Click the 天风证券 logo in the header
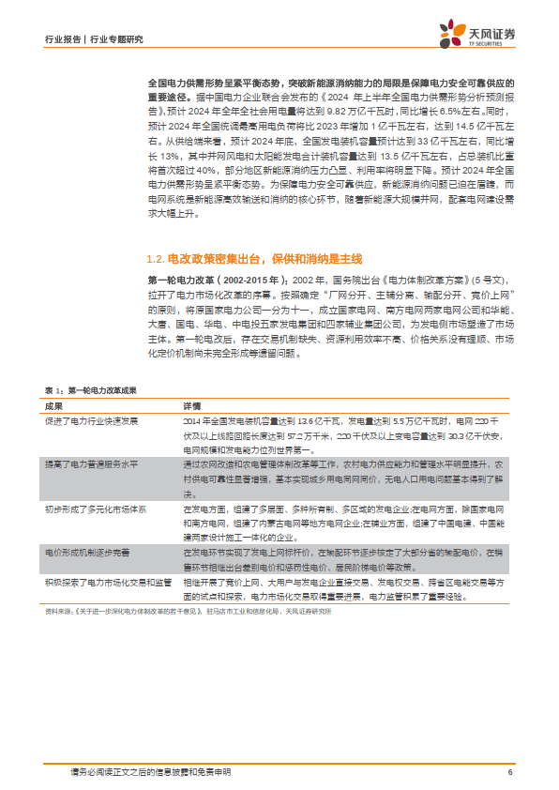click(477, 37)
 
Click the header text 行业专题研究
click(116, 39)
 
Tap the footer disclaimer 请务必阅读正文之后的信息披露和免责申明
click(150, 772)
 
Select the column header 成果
click(53, 405)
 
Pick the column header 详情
click(191, 405)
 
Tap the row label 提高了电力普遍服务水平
click(91, 464)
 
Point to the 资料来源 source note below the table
click(188, 611)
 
